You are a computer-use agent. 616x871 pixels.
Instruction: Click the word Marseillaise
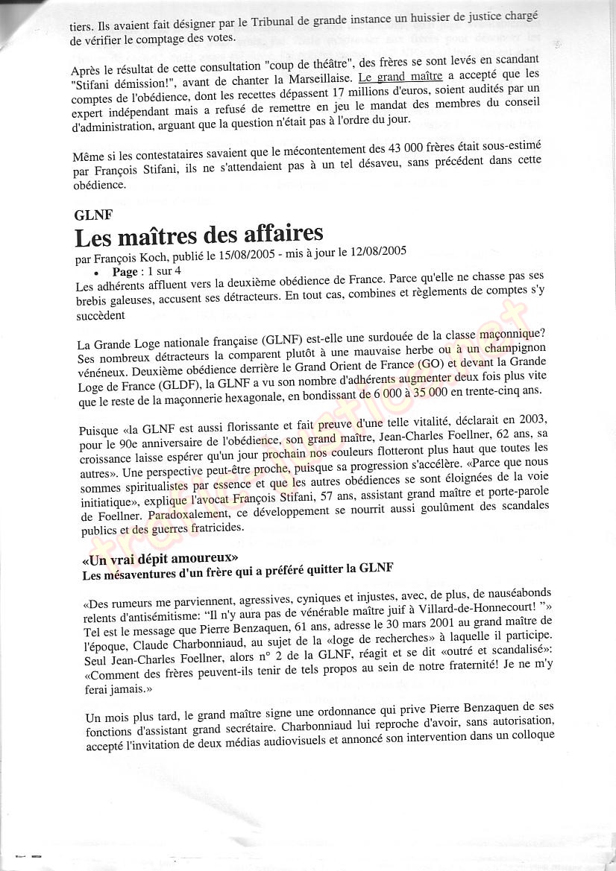pyautogui.click(x=312, y=77)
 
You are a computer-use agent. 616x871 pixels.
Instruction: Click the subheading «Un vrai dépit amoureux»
pyautogui.click(x=160, y=557)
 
